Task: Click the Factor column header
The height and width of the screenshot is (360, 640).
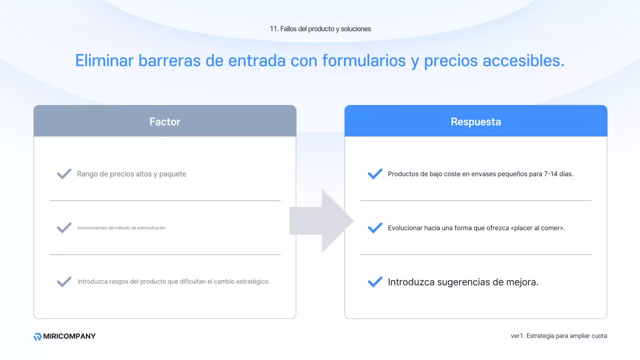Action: click(x=164, y=121)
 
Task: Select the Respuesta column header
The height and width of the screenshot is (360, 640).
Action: click(x=475, y=121)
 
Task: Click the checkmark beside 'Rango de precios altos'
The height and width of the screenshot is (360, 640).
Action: click(x=64, y=174)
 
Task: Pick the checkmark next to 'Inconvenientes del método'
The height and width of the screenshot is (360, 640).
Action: click(x=64, y=228)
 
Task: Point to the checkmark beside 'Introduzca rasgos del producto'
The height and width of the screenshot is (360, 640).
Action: click(x=64, y=281)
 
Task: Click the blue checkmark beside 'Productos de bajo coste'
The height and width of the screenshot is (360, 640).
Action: click(x=375, y=174)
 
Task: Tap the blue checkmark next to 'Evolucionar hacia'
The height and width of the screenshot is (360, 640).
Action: click(x=375, y=228)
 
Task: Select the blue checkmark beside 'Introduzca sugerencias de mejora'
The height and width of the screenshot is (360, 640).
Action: click(x=375, y=282)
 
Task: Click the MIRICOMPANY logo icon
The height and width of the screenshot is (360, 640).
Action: click(x=37, y=336)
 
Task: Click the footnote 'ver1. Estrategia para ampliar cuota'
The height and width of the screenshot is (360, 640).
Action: click(x=558, y=336)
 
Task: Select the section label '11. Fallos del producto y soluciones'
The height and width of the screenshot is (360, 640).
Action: click(x=320, y=29)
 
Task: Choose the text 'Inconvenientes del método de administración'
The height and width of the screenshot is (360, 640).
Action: click(x=121, y=228)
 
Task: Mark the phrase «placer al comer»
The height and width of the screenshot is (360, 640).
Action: click(x=537, y=228)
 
